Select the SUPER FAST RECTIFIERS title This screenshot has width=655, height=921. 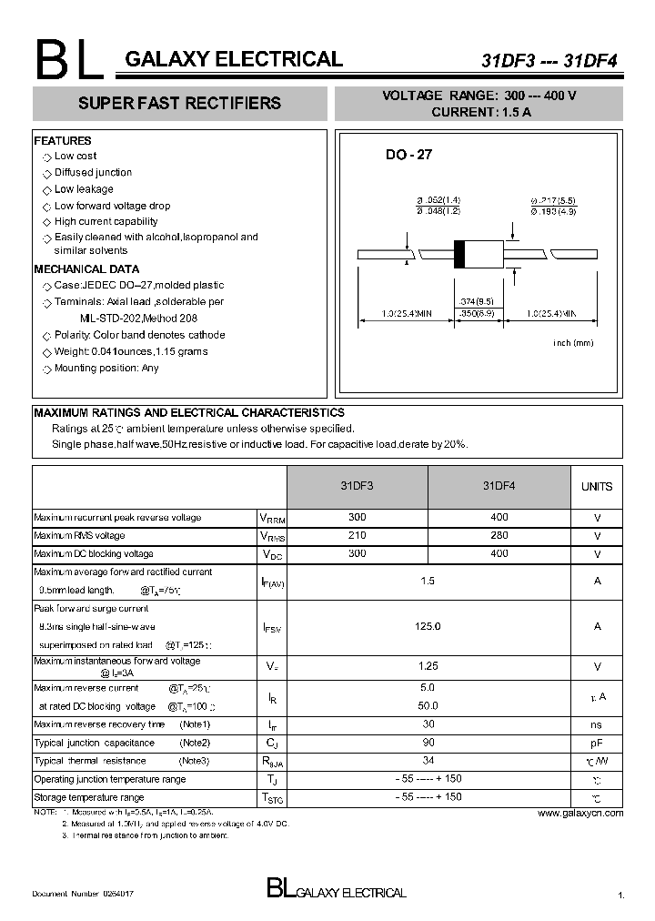[179, 104]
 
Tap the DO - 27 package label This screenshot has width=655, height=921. [408, 156]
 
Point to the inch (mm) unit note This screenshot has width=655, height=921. [573, 342]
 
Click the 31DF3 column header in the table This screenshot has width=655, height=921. [357, 486]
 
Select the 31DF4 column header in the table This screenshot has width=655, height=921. [499, 486]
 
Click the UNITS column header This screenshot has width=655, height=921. [597, 487]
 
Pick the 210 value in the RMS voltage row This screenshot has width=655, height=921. [357, 535]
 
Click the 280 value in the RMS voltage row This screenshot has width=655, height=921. [499, 535]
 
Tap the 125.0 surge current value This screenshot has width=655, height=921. [428, 626]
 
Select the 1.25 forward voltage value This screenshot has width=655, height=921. [428, 667]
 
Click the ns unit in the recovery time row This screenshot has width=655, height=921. [597, 724]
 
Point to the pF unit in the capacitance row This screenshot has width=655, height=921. [597, 743]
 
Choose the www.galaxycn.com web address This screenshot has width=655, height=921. [580, 813]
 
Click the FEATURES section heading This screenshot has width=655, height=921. [63, 141]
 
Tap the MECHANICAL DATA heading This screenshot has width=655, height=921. [86, 269]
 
